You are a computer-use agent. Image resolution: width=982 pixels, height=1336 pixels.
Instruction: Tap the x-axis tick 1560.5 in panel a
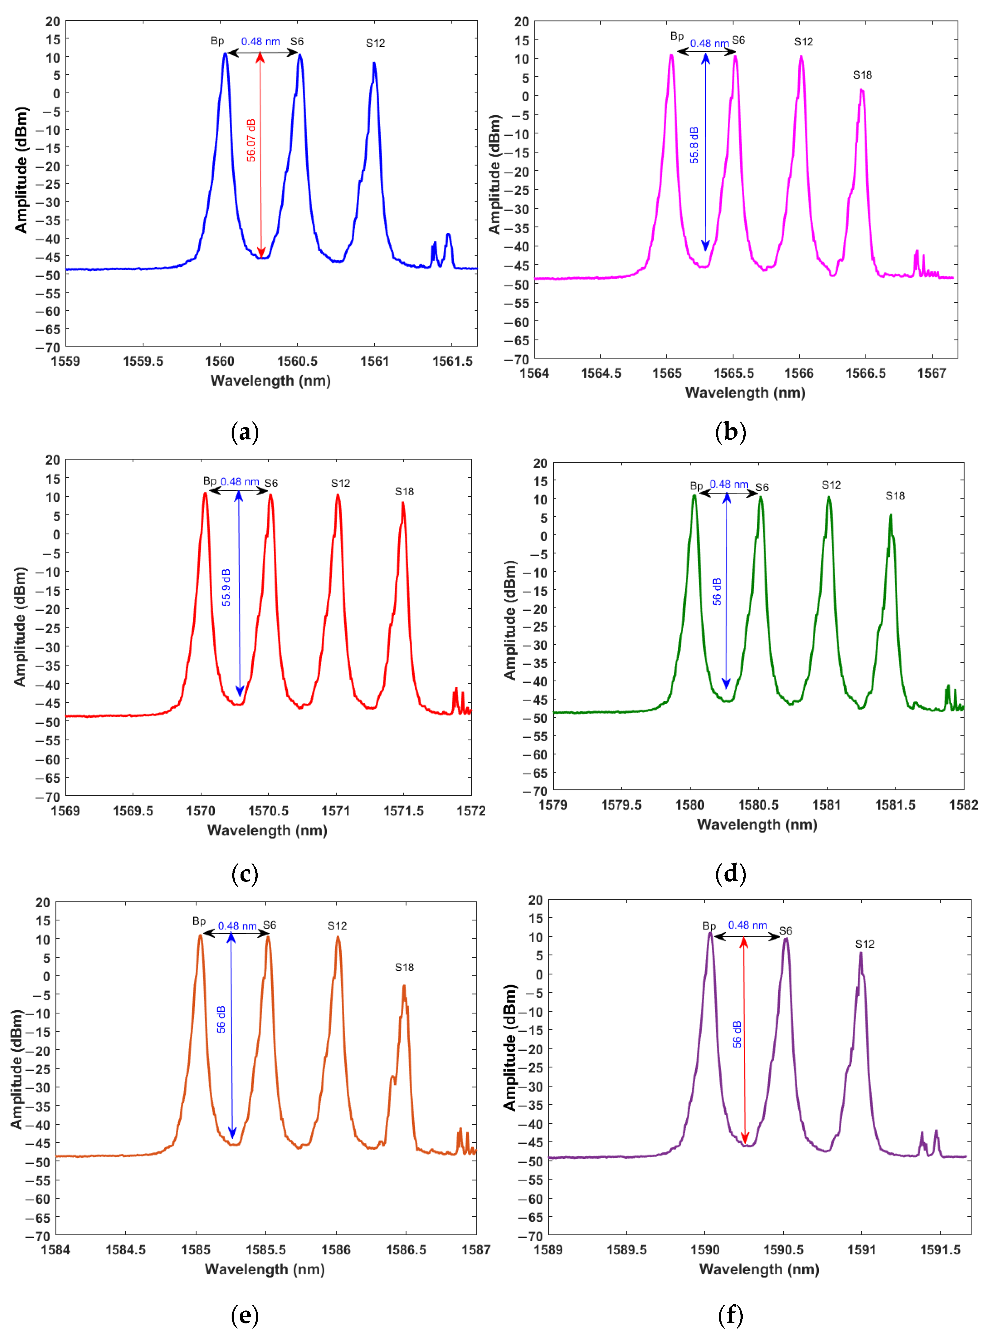297,361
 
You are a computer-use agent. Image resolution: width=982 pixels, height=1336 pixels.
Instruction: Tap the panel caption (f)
730,1315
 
